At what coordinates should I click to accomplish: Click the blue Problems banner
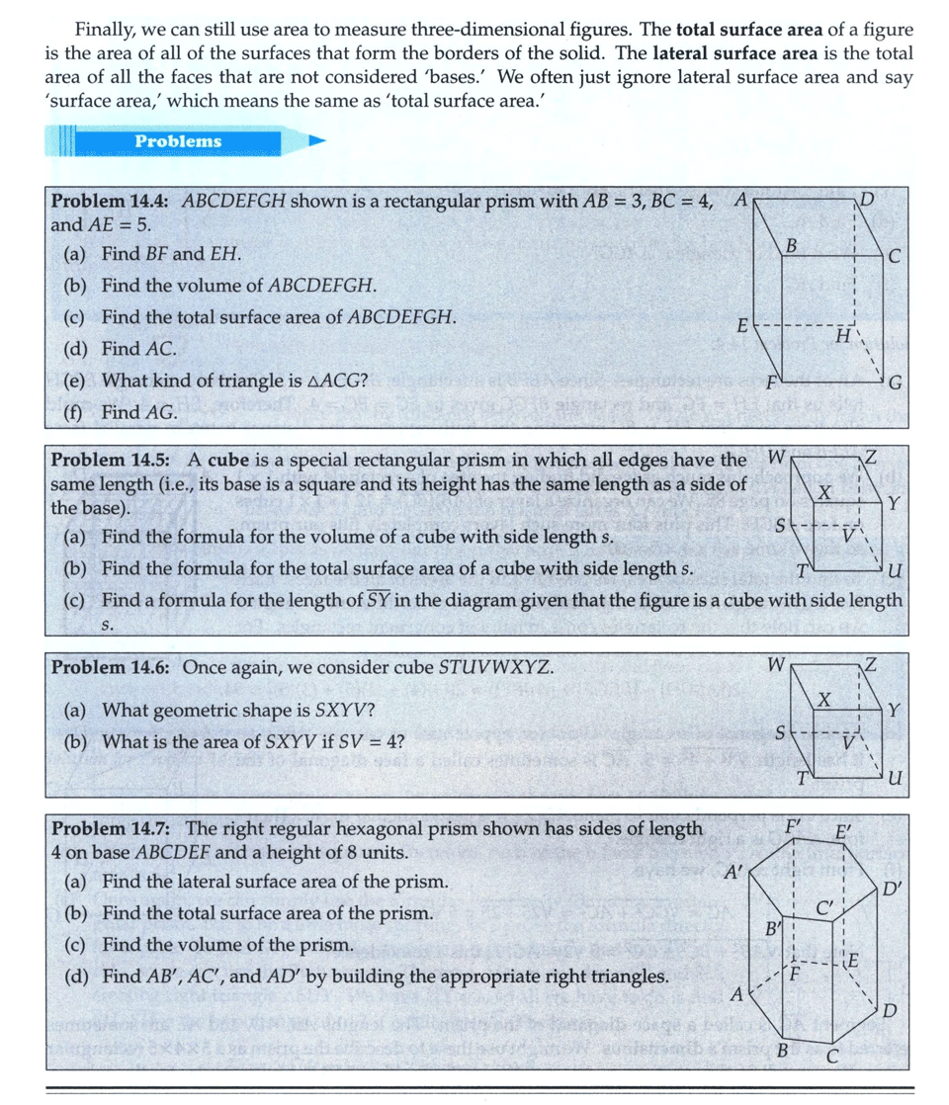(178, 141)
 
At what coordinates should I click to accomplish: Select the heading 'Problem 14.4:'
(110, 199)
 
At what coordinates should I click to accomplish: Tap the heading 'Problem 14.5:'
(110, 460)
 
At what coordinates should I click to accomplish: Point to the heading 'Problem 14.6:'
(110, 667)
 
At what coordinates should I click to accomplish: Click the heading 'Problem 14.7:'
(110, 828)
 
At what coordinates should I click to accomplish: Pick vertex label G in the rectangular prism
(895, 382)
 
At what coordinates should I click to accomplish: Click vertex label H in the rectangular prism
(843, 337)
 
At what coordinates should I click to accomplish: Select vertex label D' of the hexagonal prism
(894, 888)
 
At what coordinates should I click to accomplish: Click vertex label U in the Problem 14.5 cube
(895, 572)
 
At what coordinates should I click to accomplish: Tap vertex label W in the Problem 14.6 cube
(776, 665)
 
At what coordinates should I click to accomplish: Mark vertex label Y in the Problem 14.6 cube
(893, 710)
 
